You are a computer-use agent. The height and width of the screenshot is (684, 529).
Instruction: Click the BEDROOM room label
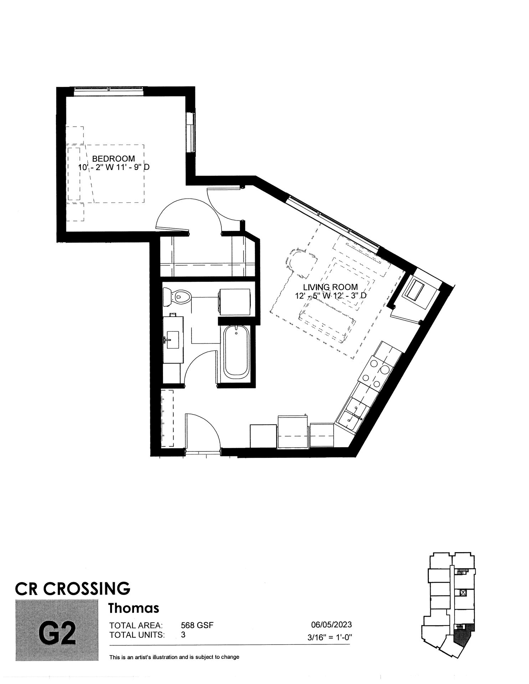[114, 159]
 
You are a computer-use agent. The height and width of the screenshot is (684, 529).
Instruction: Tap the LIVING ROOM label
[330, 287]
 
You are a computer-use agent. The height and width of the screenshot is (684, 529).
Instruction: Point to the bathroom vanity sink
[173, 340]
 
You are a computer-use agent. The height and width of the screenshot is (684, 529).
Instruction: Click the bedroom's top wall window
[109, 91]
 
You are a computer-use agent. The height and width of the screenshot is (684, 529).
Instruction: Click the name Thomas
[134, 608]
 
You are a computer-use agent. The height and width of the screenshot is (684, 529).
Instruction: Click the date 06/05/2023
[332, 624]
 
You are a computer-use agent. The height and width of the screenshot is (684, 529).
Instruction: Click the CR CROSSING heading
[73, 588]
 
